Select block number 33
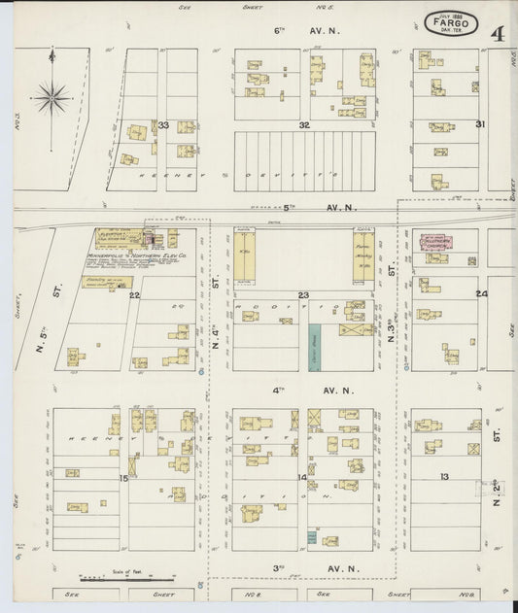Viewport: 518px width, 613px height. (x=163, y=125)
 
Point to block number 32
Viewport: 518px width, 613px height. (x=304, y=125)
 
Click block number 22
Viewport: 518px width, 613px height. (x=134, y=294)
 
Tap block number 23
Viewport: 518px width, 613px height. (x=303, y=294)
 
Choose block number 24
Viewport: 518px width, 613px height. (x=481, y=293)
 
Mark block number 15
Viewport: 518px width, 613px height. (x=123, y=478)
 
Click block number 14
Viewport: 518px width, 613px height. (x=302, y=478)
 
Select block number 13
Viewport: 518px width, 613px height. (x=444, y=476)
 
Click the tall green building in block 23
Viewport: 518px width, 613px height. (x=316, y=345)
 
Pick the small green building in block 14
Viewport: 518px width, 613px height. (x=312, y=536)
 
